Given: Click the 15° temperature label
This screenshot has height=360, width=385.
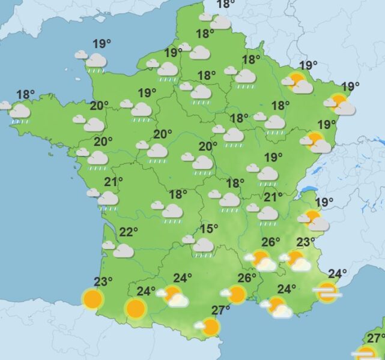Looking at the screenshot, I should (x=209, y=229).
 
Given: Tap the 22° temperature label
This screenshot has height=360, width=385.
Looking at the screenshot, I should (x=129, y=233).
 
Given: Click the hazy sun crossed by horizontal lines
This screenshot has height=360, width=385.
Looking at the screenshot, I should (x=327, y=293).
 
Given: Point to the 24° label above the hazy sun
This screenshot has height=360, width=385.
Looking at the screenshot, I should (x=338, y=274).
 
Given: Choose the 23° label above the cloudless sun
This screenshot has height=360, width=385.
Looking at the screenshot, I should (x=103, y=281).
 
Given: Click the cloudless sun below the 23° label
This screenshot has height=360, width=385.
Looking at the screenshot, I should (x=92, y=298).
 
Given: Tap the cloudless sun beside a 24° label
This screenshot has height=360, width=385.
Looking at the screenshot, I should (x=135, y=308).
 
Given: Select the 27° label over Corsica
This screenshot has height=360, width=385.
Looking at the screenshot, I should (x=376, y=338).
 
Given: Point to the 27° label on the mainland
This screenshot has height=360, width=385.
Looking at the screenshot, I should (x=221, y=310).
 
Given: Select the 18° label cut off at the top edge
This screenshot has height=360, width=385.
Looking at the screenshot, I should (x=226, y=4).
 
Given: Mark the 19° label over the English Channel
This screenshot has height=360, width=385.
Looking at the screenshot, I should (x=102, y=43).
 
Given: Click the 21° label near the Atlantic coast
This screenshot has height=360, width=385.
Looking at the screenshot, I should (x=114, y=181).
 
